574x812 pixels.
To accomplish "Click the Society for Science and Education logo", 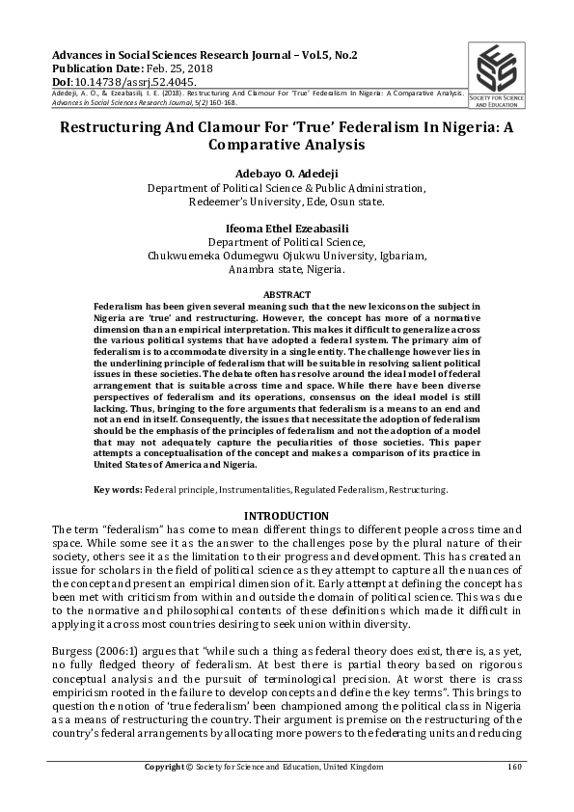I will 506,75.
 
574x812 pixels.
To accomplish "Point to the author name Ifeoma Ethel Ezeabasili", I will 287,229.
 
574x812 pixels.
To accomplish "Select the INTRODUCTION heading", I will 287,516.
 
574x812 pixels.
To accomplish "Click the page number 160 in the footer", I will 514,767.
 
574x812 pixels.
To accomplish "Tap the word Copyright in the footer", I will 165,767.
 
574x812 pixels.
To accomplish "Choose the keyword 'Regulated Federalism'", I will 339,490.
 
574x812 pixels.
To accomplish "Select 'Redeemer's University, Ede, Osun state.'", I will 287,202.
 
